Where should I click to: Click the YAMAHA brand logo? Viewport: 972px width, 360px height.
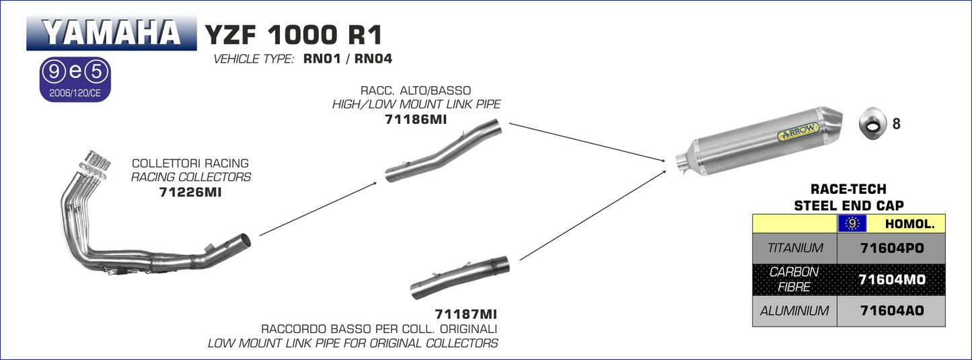coord(112,32)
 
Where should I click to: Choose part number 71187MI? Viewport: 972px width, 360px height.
coord(465,314)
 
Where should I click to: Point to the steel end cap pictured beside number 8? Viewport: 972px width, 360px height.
coord(871,124)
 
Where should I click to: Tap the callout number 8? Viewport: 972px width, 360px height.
coord(896,124)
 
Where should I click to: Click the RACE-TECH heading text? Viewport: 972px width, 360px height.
coord(848,190)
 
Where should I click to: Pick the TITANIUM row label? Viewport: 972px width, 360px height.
coord(794,248)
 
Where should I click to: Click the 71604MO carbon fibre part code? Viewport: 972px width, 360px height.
coord(892,279)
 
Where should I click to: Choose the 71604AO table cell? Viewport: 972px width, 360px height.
coord(892,311)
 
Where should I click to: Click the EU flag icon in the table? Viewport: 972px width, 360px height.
coord(852,224)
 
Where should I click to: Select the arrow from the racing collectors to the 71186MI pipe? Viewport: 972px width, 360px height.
coord(318,208)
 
